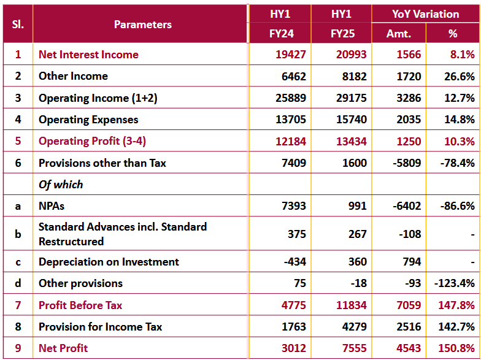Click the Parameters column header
tap(142, 25)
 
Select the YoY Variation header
tap(425, 13)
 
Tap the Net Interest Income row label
tap(88, 55)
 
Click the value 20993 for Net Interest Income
tap(351, 55)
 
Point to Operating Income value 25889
tap(290, 98)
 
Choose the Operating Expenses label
tap(88, 120)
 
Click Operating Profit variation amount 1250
tap(409, 142)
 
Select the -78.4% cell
tap(457, 163)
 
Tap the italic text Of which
tap(61, 185)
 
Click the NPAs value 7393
tap(293, 206)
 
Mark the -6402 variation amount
tap(407, 206)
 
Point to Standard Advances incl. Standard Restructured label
tap(122, 234)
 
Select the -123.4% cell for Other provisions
tap(454, 283)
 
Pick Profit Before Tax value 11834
tap(351, 305)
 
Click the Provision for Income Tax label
tap(100, 327)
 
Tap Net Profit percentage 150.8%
tap(457, 348)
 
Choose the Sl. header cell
tap(18, 25)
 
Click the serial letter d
tap(18, 283)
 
